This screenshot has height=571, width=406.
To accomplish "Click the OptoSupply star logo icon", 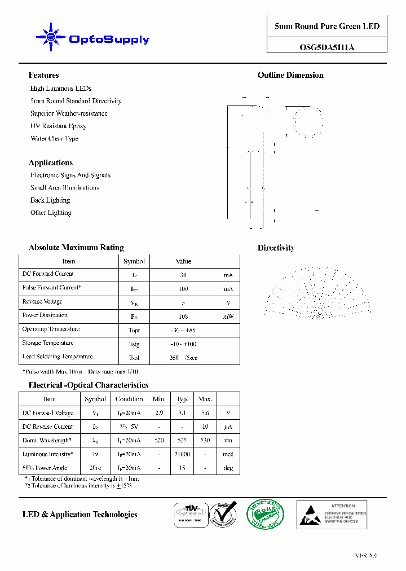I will point(51,38).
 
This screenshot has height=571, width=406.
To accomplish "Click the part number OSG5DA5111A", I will point(327,47).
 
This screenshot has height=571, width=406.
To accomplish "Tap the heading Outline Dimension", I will point(290,75).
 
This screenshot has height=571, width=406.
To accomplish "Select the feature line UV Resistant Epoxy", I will point(58,126).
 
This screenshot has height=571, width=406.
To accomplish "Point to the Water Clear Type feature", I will point(54,138).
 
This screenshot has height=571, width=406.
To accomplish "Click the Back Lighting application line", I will point(50,200).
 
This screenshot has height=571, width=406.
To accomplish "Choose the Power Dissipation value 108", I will point(183,317).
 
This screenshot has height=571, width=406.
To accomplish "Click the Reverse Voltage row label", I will point(43,302).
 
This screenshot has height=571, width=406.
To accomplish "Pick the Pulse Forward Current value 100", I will point(183,289).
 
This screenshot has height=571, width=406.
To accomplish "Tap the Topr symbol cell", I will point(134,331).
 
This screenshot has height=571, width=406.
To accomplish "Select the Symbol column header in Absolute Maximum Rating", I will point(134,261).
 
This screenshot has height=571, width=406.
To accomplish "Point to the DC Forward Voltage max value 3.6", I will point(204,413).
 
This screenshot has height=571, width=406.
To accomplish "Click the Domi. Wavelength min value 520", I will point(160,441).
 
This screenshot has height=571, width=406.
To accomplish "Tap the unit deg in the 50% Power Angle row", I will point(228,468).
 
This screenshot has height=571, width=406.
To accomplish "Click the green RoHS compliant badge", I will point(265,514).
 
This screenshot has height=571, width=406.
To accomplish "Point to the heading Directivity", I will point(276,248).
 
